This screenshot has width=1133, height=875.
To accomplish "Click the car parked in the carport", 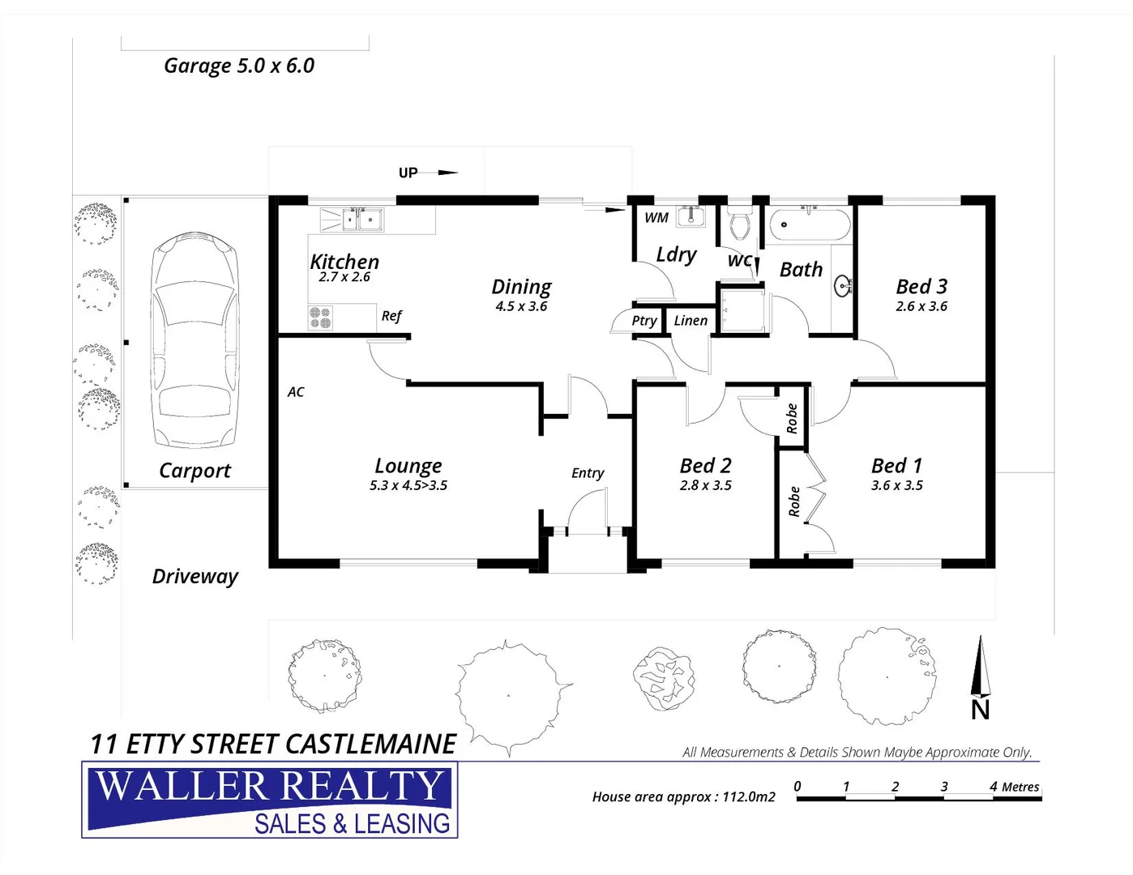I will (x=195, y=340).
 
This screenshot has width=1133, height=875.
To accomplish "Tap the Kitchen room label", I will (x=344, y=262).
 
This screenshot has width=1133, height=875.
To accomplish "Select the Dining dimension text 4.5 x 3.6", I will (x=521, y=306).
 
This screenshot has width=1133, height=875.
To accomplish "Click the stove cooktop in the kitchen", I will (x=320, y=318).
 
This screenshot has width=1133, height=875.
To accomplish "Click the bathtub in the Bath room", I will (x=810, y=224).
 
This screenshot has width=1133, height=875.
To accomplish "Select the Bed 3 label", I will (x=921, y=286).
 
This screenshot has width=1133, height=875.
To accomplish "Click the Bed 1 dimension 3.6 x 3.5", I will (x=897, y=485).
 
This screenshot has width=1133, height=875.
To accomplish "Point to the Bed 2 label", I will (x=705, y=466).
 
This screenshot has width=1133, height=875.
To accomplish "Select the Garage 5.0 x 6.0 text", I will (x=239, y=66).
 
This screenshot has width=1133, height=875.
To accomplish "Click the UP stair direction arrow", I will (x=447, y=173).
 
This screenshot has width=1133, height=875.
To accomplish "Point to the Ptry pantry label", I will (x=644, y=321).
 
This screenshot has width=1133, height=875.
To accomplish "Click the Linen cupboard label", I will (x=690, y=321).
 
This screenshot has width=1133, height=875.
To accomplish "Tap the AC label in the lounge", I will (x=296, y=392).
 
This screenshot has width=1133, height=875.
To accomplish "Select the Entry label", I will (x=588, y=473).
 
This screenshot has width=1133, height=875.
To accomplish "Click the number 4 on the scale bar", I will (x=994, y=786).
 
